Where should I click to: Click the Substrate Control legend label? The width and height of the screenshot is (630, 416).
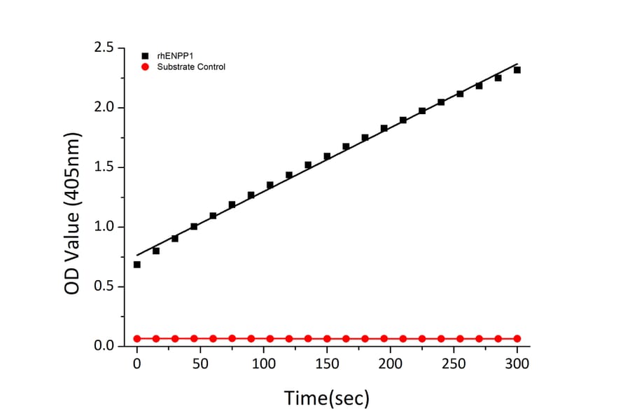click(x=190, y=67)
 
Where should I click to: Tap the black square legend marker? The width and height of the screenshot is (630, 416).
click(x=145, y=55)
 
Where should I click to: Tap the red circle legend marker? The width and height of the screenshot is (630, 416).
click(x=145, y=67)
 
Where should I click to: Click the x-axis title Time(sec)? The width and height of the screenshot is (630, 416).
click(x=326, y=398)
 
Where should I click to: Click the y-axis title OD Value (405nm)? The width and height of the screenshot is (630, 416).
click(x=73, y=203)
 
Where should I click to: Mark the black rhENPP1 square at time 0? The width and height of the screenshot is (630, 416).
click(x=137, y=265)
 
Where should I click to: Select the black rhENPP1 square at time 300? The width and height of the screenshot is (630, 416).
click(x=517, y=70)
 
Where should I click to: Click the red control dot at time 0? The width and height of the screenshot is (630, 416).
click(x=137, y=338)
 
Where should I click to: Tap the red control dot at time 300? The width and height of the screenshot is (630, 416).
click(x=517, y=338)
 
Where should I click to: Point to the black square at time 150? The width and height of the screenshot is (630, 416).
click(x=327, y=156)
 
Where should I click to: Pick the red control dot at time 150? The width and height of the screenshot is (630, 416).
click(x=327, y=338)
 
